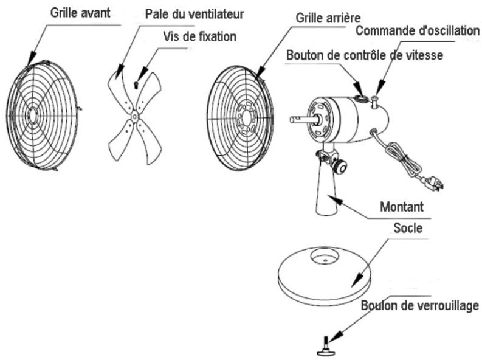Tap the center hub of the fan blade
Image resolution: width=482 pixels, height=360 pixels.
point(134,113)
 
